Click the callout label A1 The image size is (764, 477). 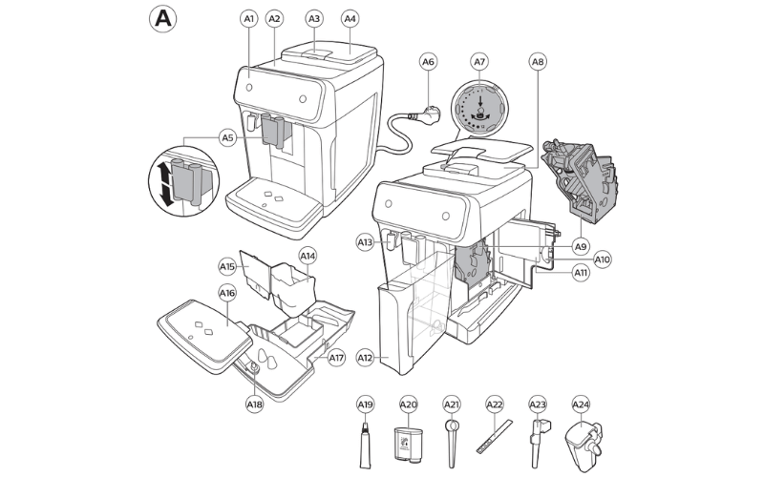click(249, 18)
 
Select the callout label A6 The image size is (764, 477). click(429, 62)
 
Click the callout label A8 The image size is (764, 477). click(538, 62)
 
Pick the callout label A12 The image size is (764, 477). click(365, 358)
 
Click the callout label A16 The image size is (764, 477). click(226, 293)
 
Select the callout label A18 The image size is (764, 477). click(254, 404)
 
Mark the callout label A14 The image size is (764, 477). click(308, 256)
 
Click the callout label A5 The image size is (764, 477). click(227, 138)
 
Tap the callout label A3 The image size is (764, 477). click(314, 18)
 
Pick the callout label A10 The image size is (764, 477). click(603, 259)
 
